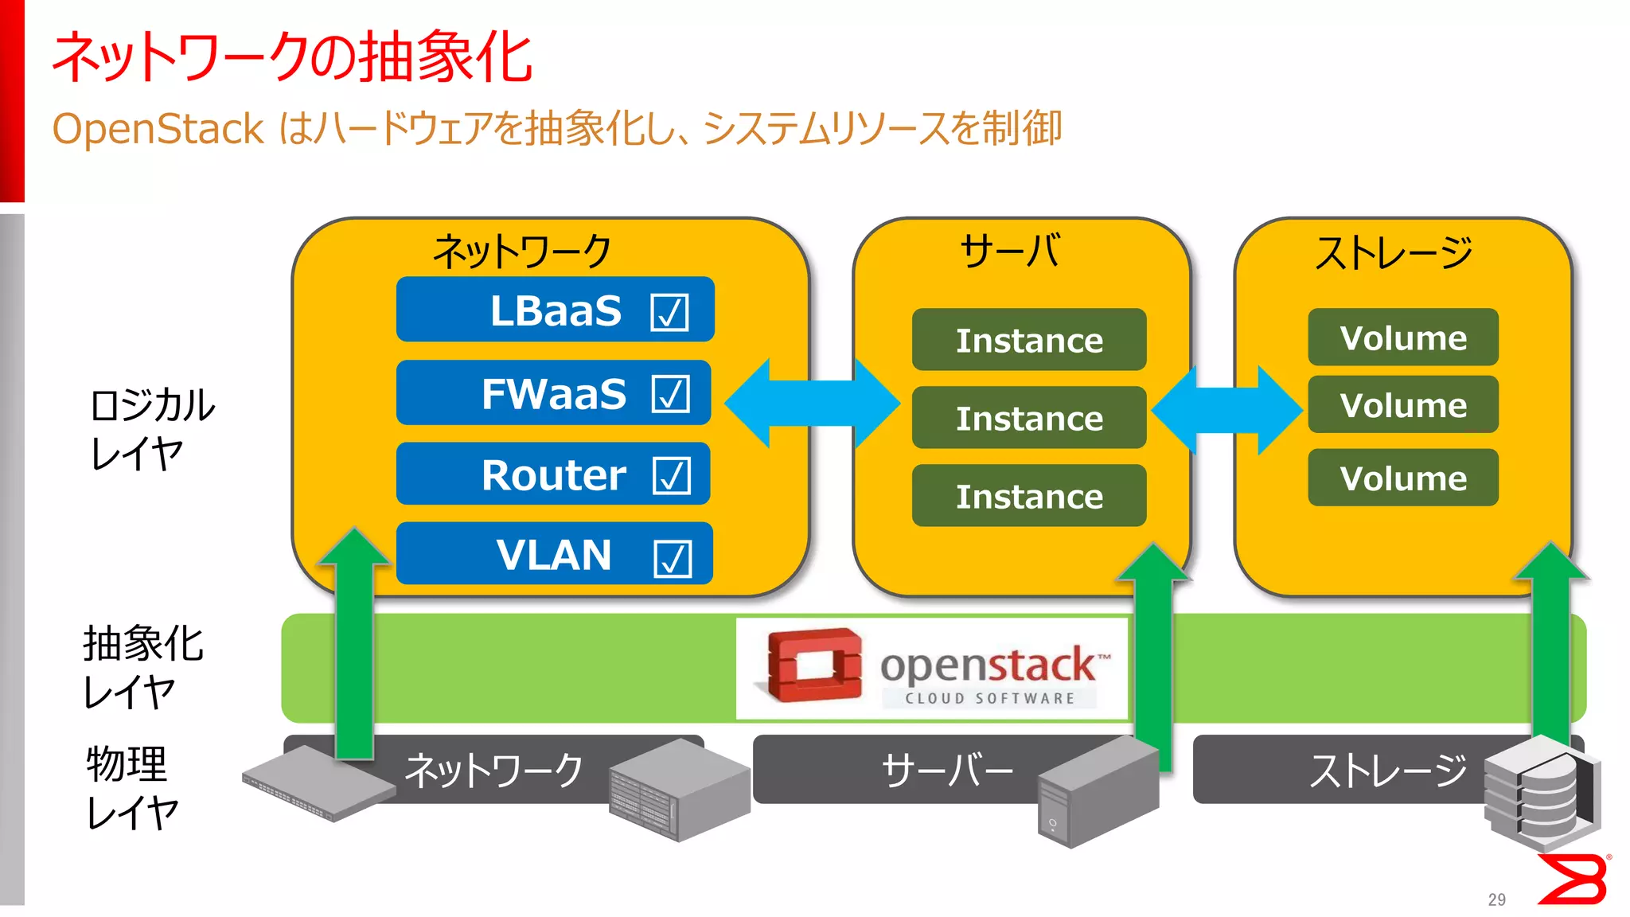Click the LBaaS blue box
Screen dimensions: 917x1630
pos(555,310)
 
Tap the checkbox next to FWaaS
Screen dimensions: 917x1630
pos(670,393)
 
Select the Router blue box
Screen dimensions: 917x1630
pos(552,474)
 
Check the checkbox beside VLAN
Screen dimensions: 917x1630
pos(673,557)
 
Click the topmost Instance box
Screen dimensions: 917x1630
pos(1028,340)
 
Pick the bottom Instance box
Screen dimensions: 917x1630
pos(1028,496)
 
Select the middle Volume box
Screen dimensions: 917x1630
pos(1402,405)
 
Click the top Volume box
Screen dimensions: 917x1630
pos(1402,338)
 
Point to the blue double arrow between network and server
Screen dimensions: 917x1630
pos(813,403)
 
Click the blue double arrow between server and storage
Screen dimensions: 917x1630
pos(1226,410)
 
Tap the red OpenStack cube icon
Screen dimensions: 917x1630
pos(813,665)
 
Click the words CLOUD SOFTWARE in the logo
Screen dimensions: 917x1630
pos(989,698)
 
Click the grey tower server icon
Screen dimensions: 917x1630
pos(1098,792)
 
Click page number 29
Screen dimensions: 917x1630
pos(1496,899)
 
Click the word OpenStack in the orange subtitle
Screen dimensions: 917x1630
pos(158,129)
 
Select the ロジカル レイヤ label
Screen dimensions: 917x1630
pos(151,429)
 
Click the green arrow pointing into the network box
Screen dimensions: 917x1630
pos(355,645)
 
